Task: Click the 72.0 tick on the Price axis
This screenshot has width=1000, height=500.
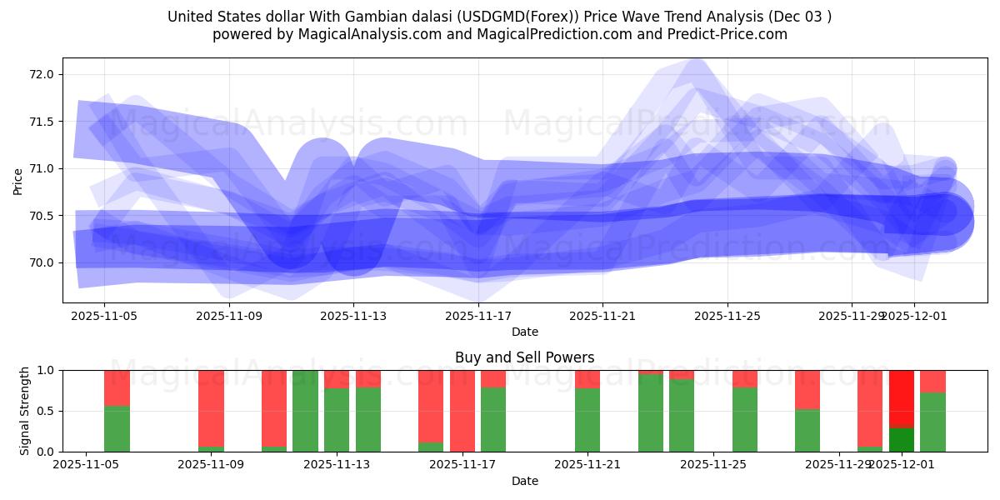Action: (x=42, y=74)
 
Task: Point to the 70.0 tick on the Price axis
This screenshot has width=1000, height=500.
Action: (x=42, y=262)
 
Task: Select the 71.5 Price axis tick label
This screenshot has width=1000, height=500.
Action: (x=42, y=122)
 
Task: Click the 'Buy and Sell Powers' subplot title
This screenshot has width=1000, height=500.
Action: (x=524, y=357)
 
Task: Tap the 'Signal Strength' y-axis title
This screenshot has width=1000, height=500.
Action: (x=25, y=411)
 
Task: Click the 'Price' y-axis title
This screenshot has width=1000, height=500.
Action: (x=18, y=180)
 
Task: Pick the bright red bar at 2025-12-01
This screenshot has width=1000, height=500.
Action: (x=902, y=398)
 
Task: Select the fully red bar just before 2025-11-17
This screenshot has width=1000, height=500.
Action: (x=462, y=411)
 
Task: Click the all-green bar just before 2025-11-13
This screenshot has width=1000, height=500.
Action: (x=305, y=411)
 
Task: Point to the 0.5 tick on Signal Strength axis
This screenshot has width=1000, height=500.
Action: (x=47, y=411)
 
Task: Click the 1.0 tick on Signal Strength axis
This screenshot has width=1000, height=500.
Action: (x=47, y=370)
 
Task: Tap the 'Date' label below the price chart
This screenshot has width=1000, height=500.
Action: (x=524, y=332)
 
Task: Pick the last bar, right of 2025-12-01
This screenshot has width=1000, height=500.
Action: (x=932, y=411)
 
